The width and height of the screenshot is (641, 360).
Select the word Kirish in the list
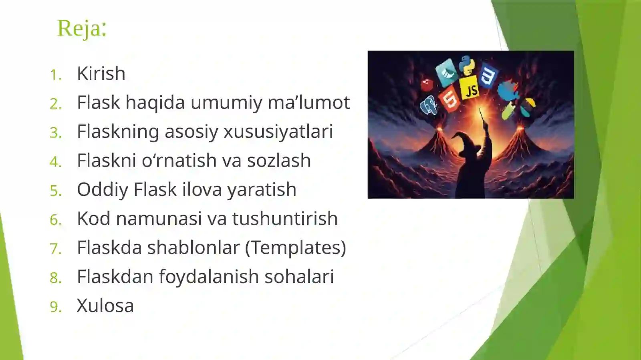tap(101, 73)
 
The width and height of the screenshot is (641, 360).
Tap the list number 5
tap(55, 191)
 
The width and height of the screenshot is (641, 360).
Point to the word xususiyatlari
tap(278, 131)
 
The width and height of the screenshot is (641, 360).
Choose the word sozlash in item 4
tap(278, 161)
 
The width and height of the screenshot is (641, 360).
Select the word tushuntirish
tap(284, 219)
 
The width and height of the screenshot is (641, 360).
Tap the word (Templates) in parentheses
tap(295, 248)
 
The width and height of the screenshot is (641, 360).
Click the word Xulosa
tap(105, 306)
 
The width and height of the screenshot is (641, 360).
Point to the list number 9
tap(55, 307)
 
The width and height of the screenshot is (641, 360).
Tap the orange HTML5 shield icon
tap(450, 99)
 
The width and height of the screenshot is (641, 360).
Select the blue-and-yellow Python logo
tap(466, 65)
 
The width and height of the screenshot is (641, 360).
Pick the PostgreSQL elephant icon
tap(429, 105)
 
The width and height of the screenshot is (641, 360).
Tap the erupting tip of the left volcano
tap(439, 129)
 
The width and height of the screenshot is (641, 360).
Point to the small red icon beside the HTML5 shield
tap(427, 84)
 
